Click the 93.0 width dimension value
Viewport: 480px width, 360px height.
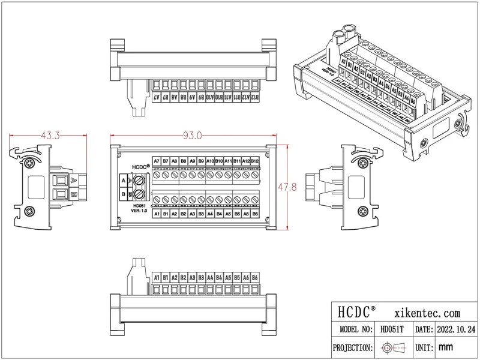(x=192, y=136)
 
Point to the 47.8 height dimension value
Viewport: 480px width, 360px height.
(x=287, y=188)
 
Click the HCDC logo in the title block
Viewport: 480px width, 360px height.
(x=356, y=313)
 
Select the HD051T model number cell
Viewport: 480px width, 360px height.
(x=392, y=329)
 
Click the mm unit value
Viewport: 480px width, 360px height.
(x=445, y=347)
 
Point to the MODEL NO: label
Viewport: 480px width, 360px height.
(x=356, y=329)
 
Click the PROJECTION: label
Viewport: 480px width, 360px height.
(x=354, y=347)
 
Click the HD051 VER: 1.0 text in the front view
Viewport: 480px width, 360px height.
(x=140, y=208)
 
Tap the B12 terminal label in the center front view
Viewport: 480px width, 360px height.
(x=255, y=161)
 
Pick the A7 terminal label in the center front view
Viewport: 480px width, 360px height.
(x=157, y=161)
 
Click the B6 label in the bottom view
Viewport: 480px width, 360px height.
(x=255, y=278)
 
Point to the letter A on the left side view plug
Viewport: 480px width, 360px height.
(x=73, y=180)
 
